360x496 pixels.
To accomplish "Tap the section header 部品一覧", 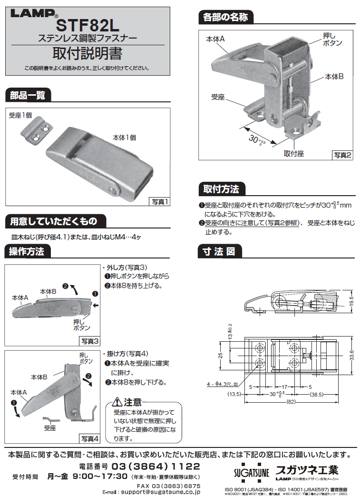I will coord(28,95).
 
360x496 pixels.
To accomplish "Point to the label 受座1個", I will coord(19,115).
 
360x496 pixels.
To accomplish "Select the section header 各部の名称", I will coord(224,18).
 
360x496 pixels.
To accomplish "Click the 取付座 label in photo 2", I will coord(294,153).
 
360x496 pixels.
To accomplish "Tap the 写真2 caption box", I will coord(342,155).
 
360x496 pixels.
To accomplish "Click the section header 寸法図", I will coord(219,251).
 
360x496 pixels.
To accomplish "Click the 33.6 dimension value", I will coord(350,355).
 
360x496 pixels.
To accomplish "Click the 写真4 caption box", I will coord(89,438).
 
